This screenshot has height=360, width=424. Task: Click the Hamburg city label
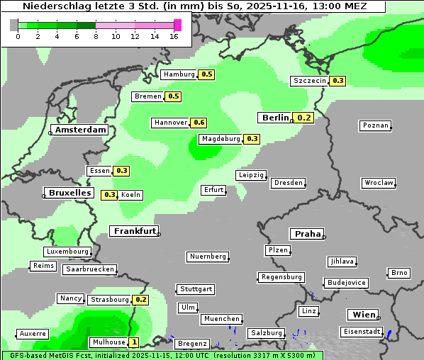(179, 74)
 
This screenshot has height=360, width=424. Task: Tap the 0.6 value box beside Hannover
(199, 123)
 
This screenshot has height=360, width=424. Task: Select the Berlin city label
(275, 118)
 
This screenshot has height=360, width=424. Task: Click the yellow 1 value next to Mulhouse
(134, 342)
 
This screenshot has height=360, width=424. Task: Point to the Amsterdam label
(81, 130)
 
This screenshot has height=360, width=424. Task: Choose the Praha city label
(307, 234)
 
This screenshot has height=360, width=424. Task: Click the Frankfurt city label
(134, 231)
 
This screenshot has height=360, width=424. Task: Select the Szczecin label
(310, 81)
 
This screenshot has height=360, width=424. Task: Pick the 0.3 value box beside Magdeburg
(252, 139)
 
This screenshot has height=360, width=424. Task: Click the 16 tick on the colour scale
(174, 36)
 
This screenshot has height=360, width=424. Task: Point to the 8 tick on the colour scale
(96, 36)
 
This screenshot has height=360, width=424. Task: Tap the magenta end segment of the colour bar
(177, 26)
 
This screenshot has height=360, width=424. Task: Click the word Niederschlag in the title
(52, 6)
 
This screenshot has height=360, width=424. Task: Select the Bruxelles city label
(69, 192)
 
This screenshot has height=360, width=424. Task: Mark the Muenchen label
(221, 319)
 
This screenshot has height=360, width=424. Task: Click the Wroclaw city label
(378, 183)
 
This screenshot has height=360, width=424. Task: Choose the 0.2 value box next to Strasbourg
(140, 300)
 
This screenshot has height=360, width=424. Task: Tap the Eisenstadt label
(361, 332)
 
